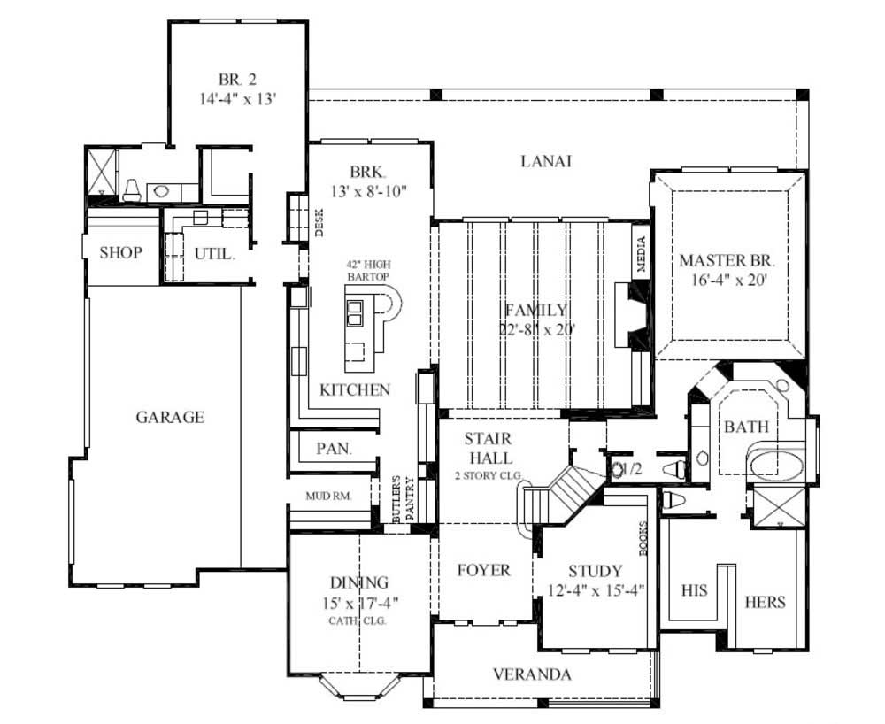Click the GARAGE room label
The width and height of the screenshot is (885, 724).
pyautogui.click(x=170, y=417)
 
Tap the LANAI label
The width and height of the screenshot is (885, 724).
pyautogui.click(x=545, y=161)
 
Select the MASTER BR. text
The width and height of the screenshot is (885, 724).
pyautogui.click(x=727, y=261)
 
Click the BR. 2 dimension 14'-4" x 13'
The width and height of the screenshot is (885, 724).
pyautogui.click(x=239, y=99)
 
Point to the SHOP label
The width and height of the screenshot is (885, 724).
pyautogui.click(x=120, y=253)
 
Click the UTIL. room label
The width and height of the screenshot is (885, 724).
pyautogui.click(x=214, y=254)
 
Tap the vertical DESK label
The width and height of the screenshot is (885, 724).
pyautogui.click(x=319, y=223)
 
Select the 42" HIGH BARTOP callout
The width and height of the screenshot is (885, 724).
pyautogui.click(x=368, y=271)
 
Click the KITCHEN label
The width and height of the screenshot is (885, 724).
pyautogui.click(x=355, y=389)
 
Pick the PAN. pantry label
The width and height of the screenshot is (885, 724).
pyautogui.click(x=334, y=449)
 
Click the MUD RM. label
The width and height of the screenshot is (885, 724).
pyautogui.click(x=328, y=497)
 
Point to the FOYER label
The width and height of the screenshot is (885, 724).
pyautogui.click(x=483, y=570)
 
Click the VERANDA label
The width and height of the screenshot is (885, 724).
pyautogui.click(x=531, y=674)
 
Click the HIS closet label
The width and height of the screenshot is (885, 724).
pyautogui.click(x=694, y=590)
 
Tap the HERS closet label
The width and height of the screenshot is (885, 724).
pyautogui.click(x=766, y=602)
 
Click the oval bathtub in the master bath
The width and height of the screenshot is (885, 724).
pyautogui.click(x=775, y=465)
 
